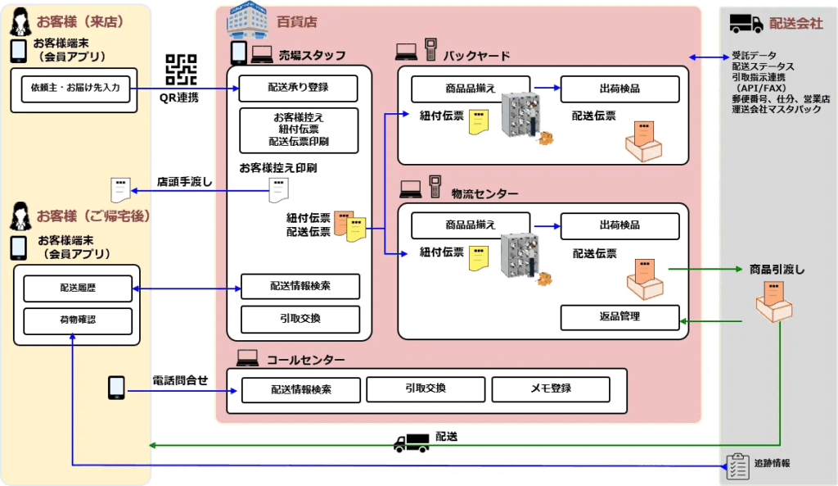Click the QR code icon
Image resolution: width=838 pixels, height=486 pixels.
pos(181,70)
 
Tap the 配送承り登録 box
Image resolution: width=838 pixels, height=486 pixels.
pos(300,87)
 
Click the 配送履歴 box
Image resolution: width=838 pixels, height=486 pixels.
pos(78,288)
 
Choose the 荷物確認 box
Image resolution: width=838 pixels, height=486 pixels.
pos(78,319)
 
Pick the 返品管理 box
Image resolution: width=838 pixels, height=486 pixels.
pos(619,316)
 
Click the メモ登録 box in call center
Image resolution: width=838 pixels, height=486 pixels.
pos(550,388)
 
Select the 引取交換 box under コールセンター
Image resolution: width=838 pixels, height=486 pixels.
pos(425,388)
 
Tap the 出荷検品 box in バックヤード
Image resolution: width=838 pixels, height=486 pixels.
pos(619,89)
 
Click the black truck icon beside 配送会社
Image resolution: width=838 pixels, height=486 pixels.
pos(745,24)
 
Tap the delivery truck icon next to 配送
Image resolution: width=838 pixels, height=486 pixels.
pos(411,443)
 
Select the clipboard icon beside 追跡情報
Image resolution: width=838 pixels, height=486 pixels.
pos(737,465)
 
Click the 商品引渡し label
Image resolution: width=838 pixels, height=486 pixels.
pos(777,269)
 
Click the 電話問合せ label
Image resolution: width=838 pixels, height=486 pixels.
pos(180,380)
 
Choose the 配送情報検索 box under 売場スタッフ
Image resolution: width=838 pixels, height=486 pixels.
pos(300,286)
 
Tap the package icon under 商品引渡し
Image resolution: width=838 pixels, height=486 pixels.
pos(773,302)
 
